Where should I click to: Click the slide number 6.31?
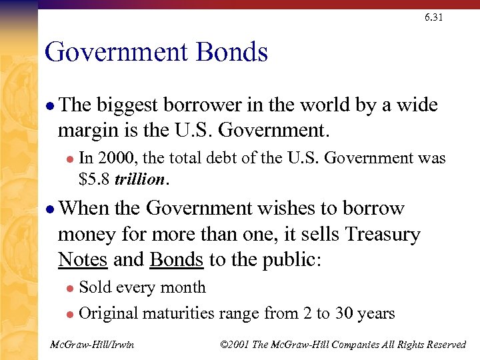pyautogui.click(x=433, y=17)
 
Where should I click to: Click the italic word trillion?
pyautogui.click(x=140, y=179)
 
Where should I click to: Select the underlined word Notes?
pyautogui.click(x=83, y=259)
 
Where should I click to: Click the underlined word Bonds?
pyautogui.click(x=177, y=259)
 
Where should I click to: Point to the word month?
pyautogui.click(x=184, y=287)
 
